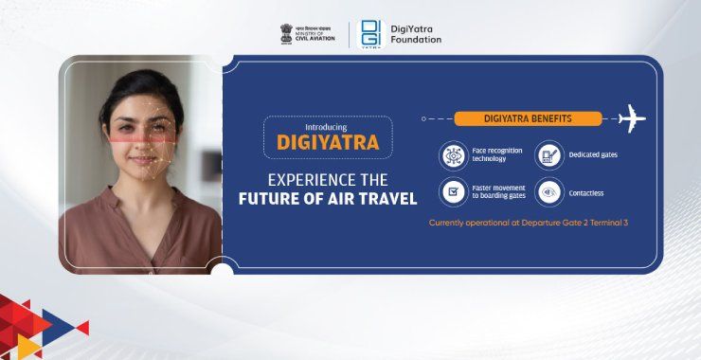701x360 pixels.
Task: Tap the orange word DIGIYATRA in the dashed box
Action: [x=328, y=143]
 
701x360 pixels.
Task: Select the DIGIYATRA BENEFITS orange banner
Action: [x=528, y=119]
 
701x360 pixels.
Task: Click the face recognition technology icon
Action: [x=453, y=155]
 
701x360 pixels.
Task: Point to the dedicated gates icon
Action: [x=548, y=155]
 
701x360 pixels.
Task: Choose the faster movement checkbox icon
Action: [x=453, y=192]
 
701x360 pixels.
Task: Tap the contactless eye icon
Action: [x=548, y=192]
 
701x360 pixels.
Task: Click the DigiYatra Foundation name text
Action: [x=416, y=33]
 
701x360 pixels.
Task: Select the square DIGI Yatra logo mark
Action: [x=371, y=33]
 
